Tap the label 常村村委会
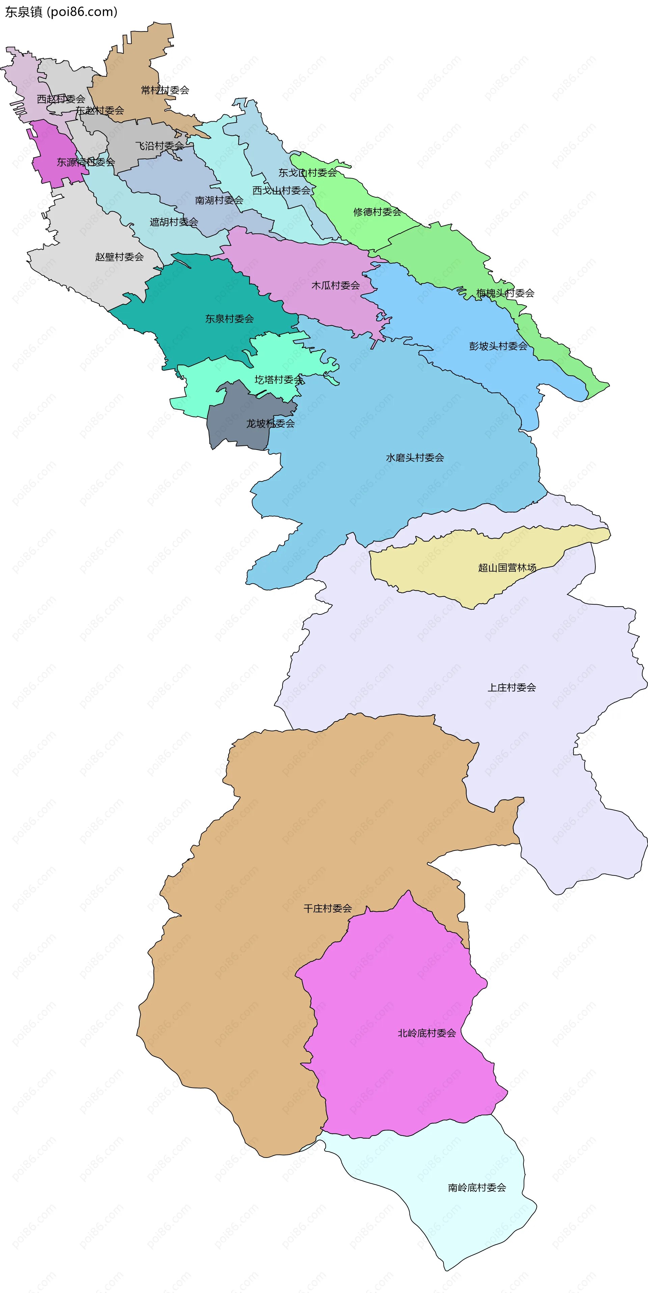tap(165, 90)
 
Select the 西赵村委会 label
tap(61, 99)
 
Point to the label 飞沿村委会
tap(160, 146)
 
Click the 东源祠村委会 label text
tap(86, 162)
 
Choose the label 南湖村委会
tap(219, 200)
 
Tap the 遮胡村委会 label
tap(174, 222)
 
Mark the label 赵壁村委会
tap(119, 257)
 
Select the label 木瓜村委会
tap(335, 286)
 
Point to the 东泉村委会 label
tap(229, 319)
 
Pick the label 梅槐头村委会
tap(505, 293)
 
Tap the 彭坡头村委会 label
tap(498, 346)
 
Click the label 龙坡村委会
tap(270, 424)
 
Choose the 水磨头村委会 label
tap(415, 458)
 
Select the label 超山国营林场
tap(507, 568)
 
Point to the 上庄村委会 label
tap(512, 688)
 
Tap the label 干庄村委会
tap(327, 909)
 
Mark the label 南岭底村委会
tap(477, 1188)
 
